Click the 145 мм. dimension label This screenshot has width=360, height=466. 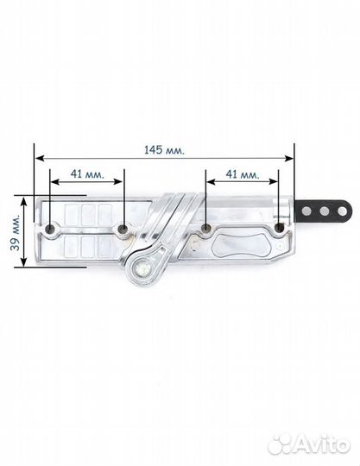(x=164, y=150)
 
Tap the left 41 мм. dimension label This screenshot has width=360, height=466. (x=87, y=173)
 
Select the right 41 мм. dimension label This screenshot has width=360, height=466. (x=243, y=174)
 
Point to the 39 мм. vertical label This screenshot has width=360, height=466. (x=16, y=232)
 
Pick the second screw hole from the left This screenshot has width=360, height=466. (x=123, y=229)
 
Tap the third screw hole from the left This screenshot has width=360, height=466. (x=205, y=229)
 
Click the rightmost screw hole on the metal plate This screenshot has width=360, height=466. (x=279, y=228)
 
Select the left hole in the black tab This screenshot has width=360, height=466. (x=306, y=211)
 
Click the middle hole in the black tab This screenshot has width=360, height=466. (x=325, y=211)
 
